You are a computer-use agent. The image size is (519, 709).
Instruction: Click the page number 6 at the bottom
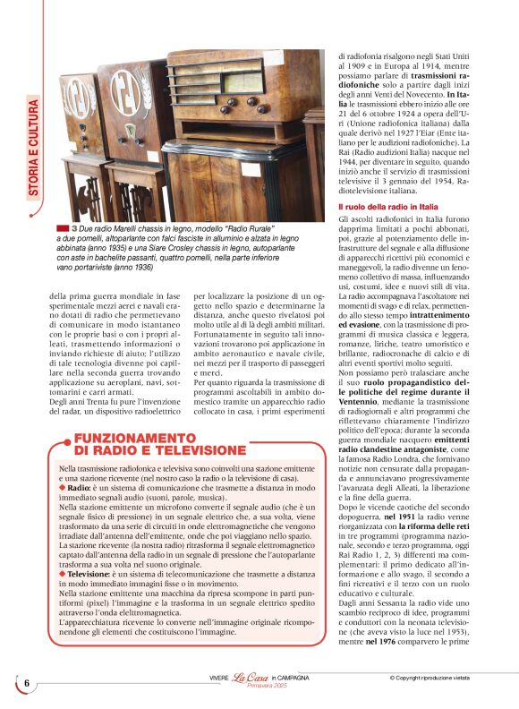27,683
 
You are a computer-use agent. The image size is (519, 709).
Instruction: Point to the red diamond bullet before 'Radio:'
62,488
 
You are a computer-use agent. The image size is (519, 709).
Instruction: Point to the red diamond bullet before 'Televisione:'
62,574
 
